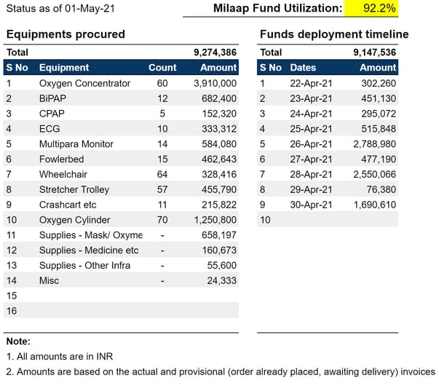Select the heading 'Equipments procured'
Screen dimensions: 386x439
[65, 34]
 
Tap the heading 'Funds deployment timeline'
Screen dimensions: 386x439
[334, 34]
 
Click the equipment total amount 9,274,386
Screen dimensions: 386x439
[215, 52]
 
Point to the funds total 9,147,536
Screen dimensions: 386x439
[374, 52]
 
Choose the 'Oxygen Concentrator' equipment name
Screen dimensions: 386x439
[84, 83]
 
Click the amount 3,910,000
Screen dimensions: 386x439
[215, 83]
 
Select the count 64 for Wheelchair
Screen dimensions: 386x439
[162, 174]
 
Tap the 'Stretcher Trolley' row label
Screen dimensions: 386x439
[74, 189]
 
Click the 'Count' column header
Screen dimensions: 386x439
[162, 68]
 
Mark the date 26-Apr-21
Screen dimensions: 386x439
[311, 144]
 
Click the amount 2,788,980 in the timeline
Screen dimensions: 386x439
[373, 144]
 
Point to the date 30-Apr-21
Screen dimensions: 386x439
[311, 205]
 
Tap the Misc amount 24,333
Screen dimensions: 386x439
[222, 280]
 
